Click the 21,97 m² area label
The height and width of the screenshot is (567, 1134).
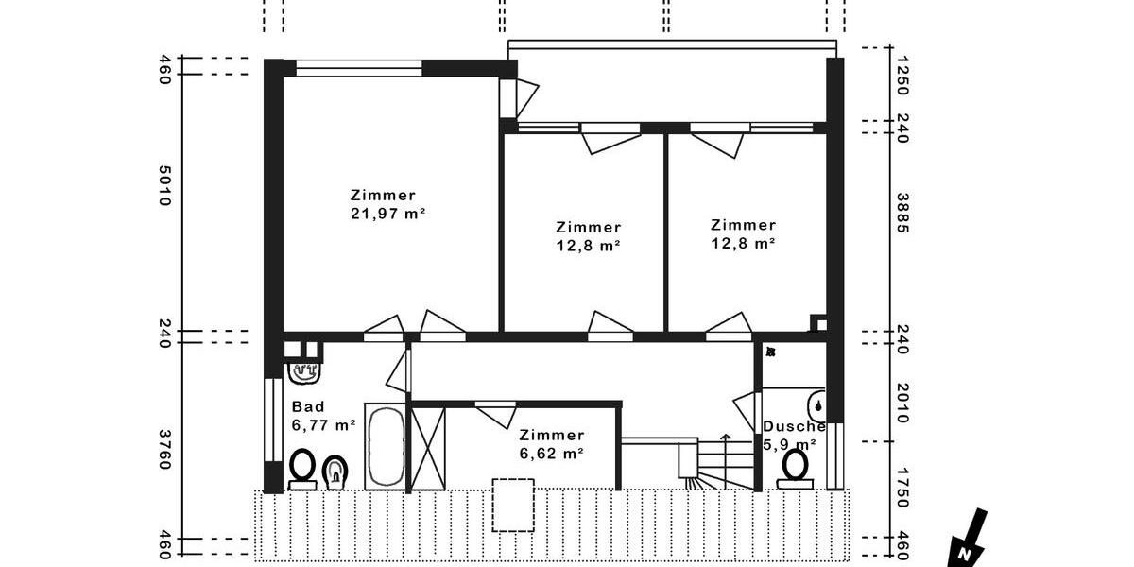[387, 215]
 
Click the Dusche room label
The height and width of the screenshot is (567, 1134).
[794, 426]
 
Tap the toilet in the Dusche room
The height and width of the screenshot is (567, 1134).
[795, 468]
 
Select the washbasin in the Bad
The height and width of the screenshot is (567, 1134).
[303, 369]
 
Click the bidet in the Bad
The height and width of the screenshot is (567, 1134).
[335, 472]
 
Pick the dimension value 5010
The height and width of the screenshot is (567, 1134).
[164, 187]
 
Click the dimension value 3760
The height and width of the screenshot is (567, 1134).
[164, 450]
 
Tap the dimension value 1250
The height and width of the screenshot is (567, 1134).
[902, 75]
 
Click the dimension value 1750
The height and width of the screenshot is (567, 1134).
[902, 487]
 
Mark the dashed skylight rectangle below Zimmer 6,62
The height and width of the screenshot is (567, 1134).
[513, 505]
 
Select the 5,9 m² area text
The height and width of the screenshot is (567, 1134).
[790, 443]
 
